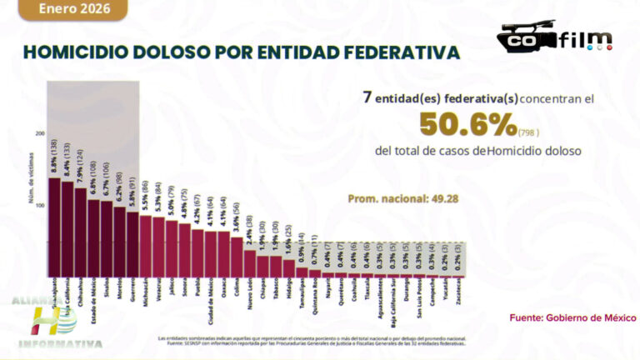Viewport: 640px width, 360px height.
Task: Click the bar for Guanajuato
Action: click(x=54, y=225)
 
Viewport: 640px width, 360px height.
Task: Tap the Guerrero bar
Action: click(x=132, y=242)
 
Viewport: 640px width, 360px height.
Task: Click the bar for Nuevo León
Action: click(x=250, y=262)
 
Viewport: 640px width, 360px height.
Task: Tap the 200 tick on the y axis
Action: click(x=39, y=133)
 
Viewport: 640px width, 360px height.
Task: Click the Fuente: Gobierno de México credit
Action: click(x=572, y=317)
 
